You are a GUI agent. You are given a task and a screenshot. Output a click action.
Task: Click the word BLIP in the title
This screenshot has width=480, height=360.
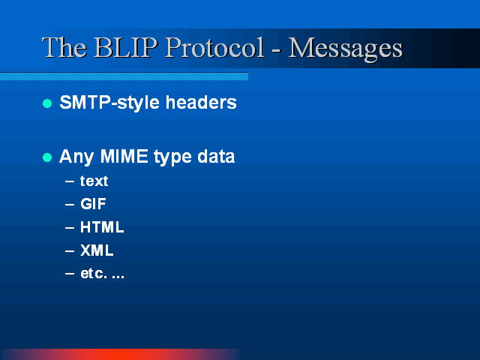(125, 47)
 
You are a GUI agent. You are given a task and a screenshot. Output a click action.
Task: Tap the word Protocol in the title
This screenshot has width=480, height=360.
(214, 47)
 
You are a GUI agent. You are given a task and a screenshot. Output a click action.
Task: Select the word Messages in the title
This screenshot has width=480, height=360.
(345, 49)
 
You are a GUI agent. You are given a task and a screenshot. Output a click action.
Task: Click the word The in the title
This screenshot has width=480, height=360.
(64, 47)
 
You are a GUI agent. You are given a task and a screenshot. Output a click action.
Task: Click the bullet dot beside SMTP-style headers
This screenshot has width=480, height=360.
(47, 103)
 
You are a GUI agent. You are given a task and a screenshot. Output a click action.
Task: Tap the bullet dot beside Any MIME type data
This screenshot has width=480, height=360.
(47, 157)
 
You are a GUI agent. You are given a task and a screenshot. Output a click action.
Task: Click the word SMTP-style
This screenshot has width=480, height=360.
(109, 103)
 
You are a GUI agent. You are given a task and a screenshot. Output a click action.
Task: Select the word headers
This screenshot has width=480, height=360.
(201, 102)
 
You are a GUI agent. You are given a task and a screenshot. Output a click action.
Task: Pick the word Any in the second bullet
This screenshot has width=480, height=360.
(76, 157)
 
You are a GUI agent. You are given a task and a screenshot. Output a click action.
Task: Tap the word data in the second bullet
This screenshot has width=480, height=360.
(216, 156)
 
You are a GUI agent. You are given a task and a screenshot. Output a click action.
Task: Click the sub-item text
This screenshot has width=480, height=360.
(94, 181)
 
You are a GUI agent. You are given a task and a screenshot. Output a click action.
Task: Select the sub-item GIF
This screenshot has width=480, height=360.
(93, 204)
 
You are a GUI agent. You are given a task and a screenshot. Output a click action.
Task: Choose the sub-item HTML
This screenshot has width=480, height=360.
(102, 227)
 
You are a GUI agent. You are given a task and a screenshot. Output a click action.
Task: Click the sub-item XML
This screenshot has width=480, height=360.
(97, 250)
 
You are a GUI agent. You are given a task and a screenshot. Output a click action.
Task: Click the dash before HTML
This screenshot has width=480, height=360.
(70, 228)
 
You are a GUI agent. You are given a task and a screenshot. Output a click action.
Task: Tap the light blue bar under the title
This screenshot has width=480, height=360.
(124, 76)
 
